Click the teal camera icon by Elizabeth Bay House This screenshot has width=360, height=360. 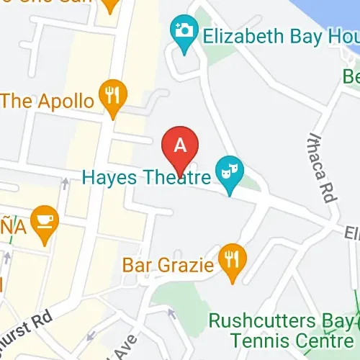pyautogui.click(x=184, y=32)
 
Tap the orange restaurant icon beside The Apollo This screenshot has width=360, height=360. pyautogui.click(x=112, y=95)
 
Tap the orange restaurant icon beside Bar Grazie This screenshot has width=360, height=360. pyautogui.click(x=232, y=258)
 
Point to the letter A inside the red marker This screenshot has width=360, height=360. pyautogui.click(x=181, y=144)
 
